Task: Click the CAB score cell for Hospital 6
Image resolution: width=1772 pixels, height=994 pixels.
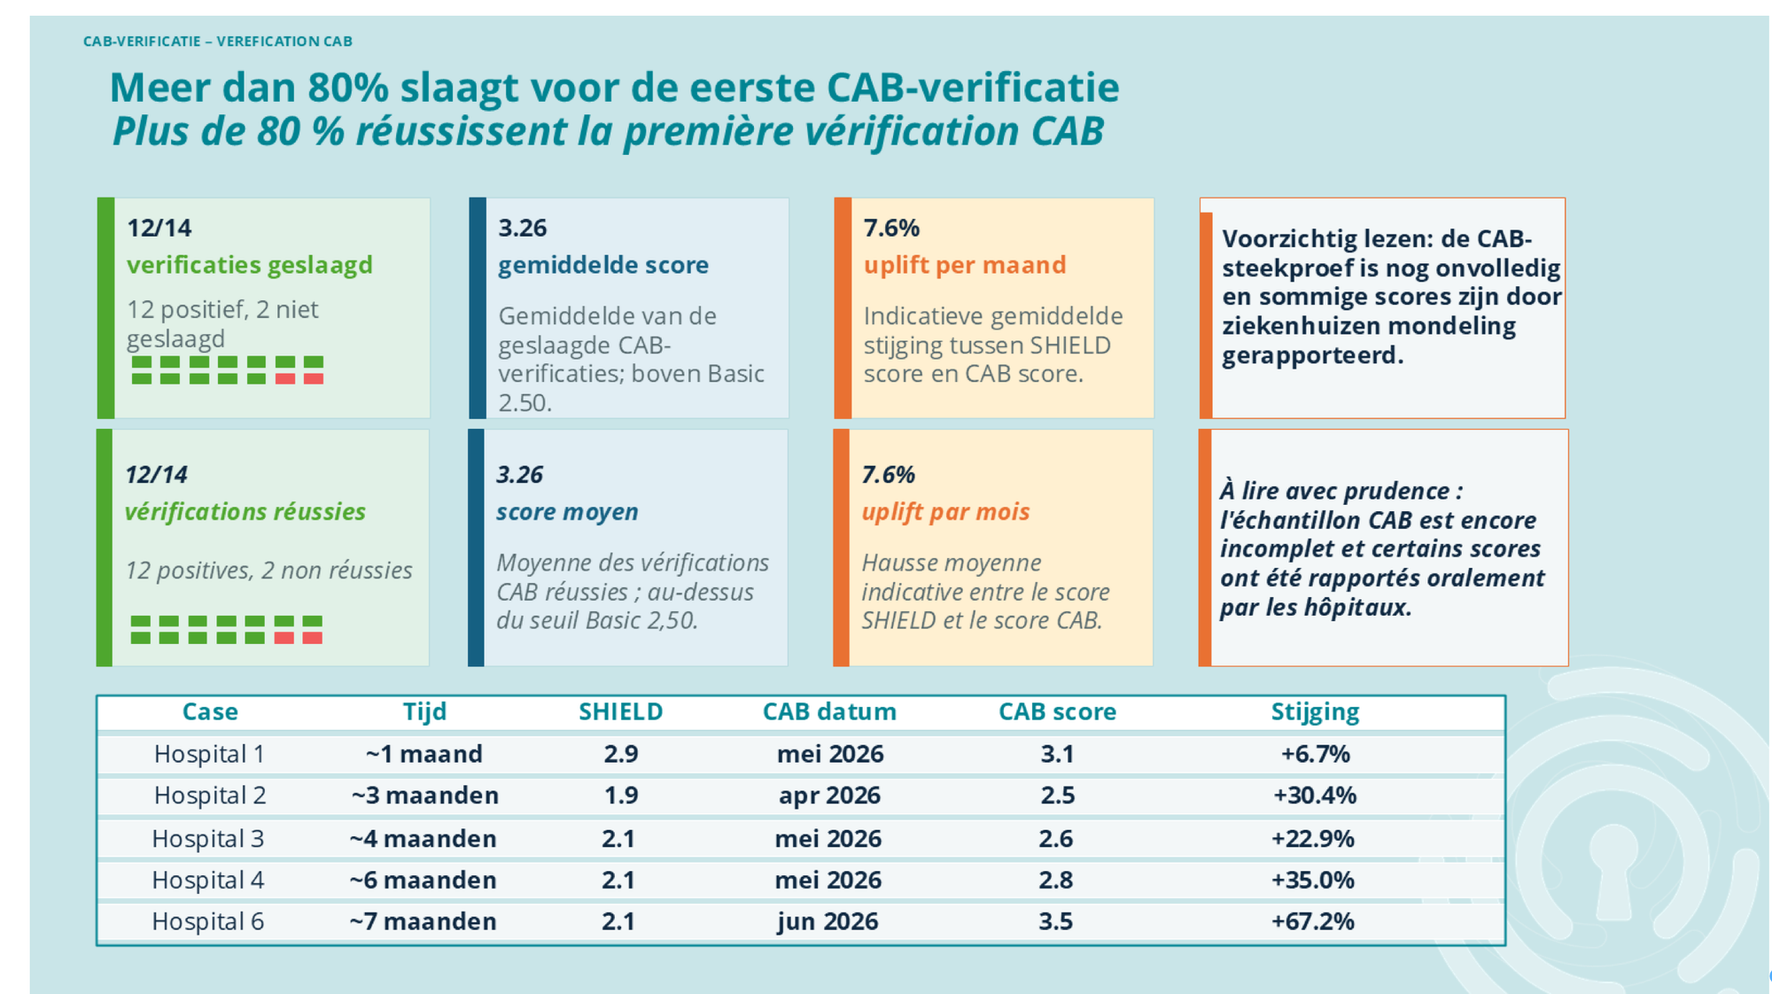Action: point(1055,921)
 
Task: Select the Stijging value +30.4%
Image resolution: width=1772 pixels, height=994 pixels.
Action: point(1315,796)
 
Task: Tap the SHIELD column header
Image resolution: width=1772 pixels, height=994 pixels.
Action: point(620,711)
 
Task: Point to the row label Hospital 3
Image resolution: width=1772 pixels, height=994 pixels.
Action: point(208,838)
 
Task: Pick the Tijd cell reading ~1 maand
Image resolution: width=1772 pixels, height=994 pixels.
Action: point(424,754)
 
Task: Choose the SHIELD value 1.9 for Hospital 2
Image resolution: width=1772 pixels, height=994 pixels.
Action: point(621,796)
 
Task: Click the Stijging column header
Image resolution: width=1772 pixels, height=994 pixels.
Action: point(1315,712)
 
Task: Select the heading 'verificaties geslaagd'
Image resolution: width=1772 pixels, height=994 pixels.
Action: point(250,265)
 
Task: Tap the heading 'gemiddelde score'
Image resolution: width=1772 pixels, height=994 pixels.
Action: point(603,265)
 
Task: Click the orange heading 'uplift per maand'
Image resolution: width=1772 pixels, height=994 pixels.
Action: point(965,265)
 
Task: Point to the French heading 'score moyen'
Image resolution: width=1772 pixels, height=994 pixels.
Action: point(567,512)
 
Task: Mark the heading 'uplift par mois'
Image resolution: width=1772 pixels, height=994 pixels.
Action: point(945,512)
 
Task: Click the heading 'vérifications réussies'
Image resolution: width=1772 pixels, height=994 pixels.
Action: point(245,511)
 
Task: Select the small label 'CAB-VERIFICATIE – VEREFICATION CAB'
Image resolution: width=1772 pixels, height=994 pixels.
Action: point(218,42)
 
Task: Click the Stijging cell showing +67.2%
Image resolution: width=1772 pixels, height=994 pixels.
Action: point(1313,921)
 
